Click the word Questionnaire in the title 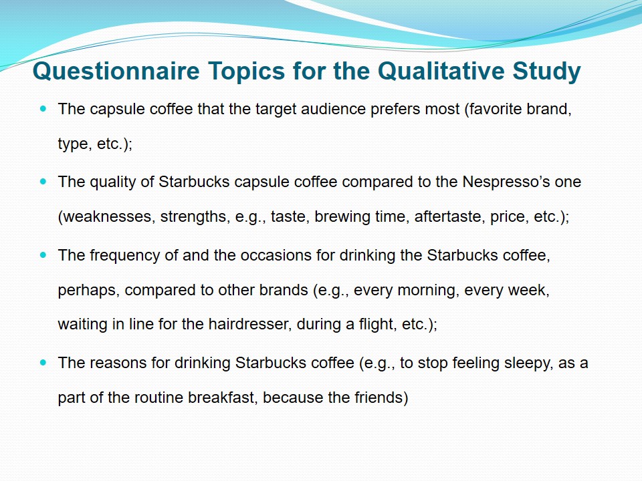[x=116, y=71]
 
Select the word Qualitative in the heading [x=441, y=71]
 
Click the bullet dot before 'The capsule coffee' [x=43, y=109]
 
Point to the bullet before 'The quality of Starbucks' [x=43, y=182]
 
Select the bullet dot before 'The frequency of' [x=43, y=255]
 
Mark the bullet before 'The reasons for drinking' [x=43, y=363]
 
